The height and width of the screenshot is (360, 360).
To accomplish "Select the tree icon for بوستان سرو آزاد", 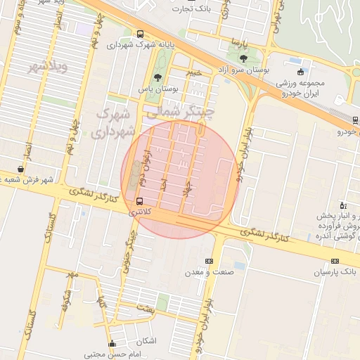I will [x=243, y=58].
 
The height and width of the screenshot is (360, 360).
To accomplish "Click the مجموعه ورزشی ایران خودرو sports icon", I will [x=301, y=71].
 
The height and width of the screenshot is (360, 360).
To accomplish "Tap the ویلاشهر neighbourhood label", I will [x=49, y=67].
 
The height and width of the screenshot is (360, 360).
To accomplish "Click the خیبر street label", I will [x=193, y=72].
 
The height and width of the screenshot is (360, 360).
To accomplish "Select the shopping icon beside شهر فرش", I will [x=22, y=169].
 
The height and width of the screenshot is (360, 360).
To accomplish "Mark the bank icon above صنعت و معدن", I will [x=208, y=261].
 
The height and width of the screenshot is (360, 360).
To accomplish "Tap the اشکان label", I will [x=148, y=341].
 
